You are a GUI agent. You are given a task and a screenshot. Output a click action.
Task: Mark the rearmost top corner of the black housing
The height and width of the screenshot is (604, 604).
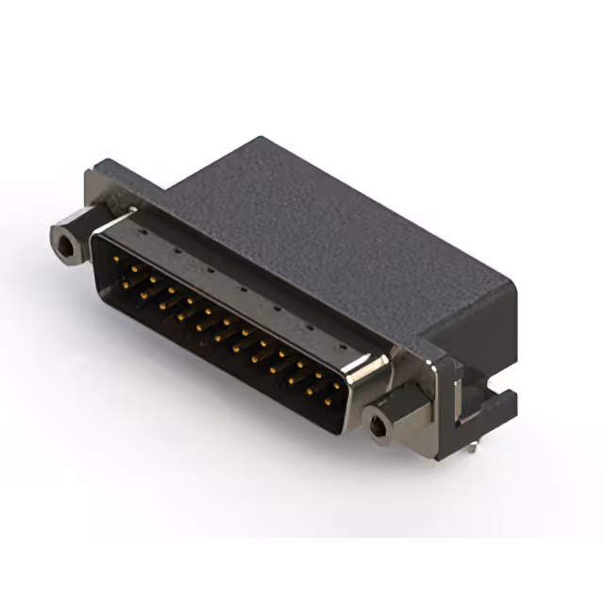tap(253, 139)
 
